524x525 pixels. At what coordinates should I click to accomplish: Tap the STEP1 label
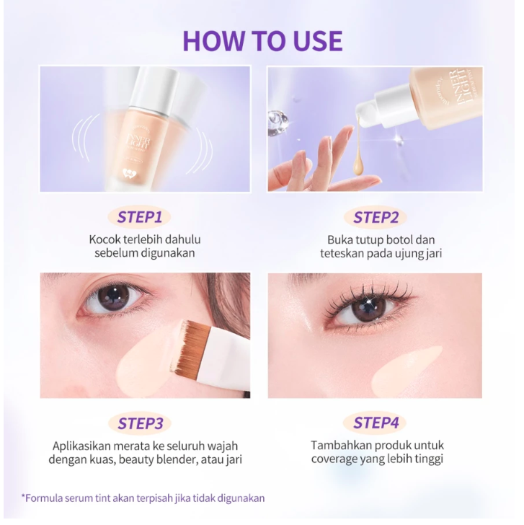(145, 216)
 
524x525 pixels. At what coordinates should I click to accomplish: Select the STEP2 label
(375, 216)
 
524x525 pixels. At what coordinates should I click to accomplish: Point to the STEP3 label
(145, 423)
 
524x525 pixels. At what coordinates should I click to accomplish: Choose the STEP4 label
(375, 423)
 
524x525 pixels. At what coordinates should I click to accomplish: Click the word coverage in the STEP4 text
(335, 459)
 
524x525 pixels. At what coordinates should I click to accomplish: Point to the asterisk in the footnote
(24, 498)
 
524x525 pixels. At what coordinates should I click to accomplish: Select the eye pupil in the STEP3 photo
(112, 296)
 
